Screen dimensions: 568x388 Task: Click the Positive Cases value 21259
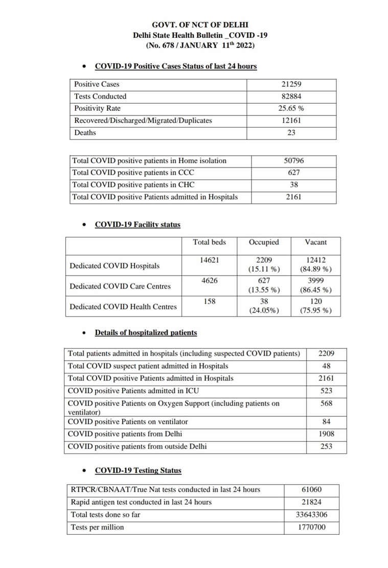tap(291, 84)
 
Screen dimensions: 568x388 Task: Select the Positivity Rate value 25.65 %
tap(291, 108)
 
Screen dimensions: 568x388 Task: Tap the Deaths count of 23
tap(291, 133)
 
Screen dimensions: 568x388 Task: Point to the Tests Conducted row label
tap(100, 97)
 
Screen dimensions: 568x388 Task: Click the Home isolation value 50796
tap(294, 160)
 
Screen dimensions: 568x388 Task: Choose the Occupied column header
tap(264, 242)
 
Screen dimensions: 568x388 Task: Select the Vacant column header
tap(315, 242)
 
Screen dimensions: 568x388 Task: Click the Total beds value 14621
tap(209, 259)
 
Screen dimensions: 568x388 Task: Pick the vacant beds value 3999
tap(315, 280)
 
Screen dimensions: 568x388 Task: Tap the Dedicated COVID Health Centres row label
tap(123, 307)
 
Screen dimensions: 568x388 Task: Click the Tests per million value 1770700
tap(312, 527)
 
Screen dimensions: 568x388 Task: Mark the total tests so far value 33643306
tap(312, 515)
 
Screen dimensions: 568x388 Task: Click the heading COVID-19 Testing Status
tap(138, 470)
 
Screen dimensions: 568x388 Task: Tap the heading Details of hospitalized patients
tap(146, 333)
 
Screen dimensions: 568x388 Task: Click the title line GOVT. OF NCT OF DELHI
tap(200, 25)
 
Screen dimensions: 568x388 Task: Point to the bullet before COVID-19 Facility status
tap(84, 225)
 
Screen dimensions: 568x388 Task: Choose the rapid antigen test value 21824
tap(312, 502)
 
